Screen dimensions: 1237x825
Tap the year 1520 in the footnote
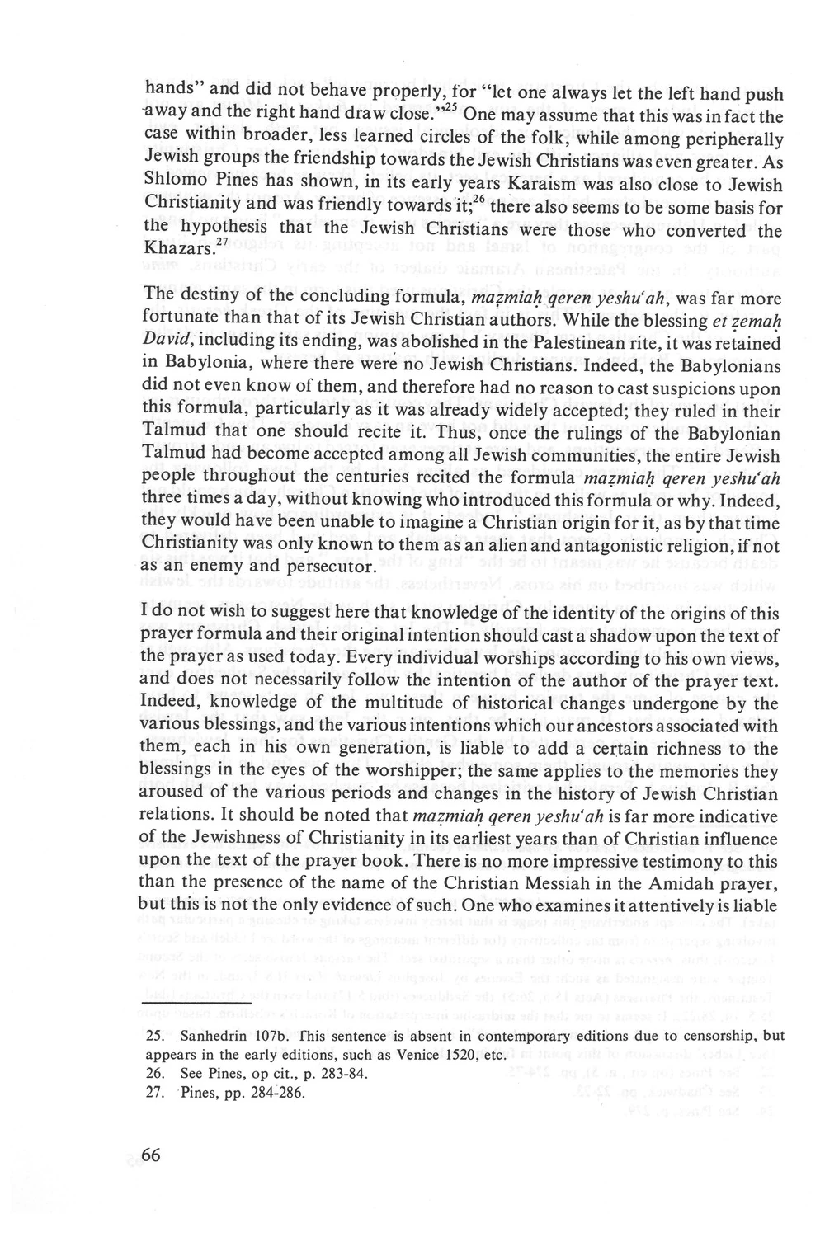448,1055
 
